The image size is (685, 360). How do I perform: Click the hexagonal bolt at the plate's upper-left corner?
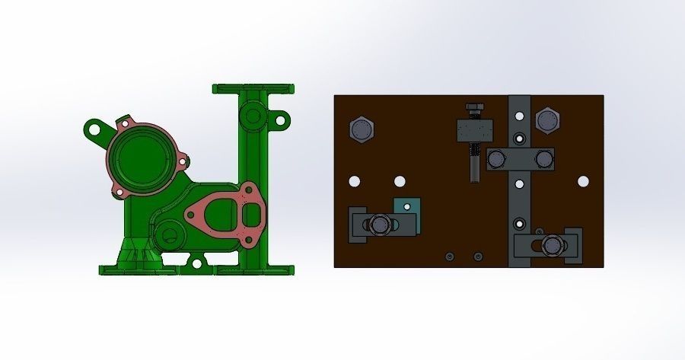tap(362, 130)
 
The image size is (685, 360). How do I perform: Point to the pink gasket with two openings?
tap(226, 212)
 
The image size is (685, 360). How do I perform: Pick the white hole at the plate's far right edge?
tap(583, 181)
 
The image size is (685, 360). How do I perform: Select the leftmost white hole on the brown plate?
tap(354, 182)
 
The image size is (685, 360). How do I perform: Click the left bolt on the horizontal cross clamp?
tap(496, 159)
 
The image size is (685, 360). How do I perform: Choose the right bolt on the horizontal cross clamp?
tap(543, 159)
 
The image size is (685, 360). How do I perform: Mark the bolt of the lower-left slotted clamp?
tap(378, 225)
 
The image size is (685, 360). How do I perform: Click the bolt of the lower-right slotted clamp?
tap(553, 244)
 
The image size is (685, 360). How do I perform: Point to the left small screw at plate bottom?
tap(450, 256)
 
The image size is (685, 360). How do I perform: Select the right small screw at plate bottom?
tap(477, 256)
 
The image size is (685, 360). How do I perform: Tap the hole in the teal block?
tap(405, 205)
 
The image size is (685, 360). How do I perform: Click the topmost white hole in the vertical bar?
tap(519, 117)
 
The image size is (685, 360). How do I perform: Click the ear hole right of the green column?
tap(281, 119)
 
